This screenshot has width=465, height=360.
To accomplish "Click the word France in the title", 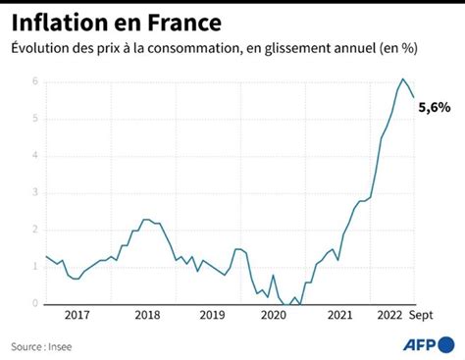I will coord(182,21).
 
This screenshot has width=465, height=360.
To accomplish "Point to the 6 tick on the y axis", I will coord(35,81).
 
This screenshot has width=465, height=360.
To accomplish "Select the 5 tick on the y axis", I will coord(35,119).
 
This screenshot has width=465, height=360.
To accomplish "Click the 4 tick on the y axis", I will coord(35,156).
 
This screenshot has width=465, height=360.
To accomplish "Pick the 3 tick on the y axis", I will coord(35,193).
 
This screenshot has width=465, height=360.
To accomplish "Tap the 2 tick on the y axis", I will coord(35,230).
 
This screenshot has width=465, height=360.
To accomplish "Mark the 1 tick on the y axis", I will coord(35,267).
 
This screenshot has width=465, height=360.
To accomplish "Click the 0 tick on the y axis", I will coord(35,304).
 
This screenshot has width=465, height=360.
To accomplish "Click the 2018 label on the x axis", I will coord(146,317).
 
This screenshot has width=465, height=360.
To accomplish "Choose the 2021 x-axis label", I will coord(338,317).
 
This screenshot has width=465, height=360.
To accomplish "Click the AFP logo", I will coord(429,344).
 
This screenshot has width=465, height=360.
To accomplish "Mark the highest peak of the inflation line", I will coord(402,78).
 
